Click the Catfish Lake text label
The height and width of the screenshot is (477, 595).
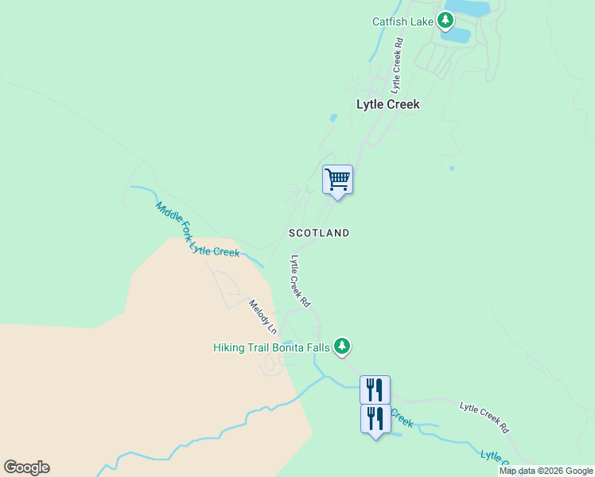coord(402,21)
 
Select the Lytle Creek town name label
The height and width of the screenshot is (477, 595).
coord(387,104)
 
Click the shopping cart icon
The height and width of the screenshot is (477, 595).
coord(337,179)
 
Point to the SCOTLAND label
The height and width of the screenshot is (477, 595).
coord(318,233)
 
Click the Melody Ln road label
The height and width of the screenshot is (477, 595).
coord(262,316)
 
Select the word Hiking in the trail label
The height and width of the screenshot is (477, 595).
coord(231,347)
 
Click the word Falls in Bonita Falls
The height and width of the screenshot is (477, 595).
coord(316,347)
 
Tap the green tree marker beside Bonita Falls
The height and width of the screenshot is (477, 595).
coord(342,346)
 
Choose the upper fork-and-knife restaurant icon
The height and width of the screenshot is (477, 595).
coord(375,390)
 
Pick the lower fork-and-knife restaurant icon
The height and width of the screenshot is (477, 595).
coord(375,418)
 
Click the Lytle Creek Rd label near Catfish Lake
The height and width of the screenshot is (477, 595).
coord(396,65)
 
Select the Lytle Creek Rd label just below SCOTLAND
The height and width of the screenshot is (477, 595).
coord(300,281)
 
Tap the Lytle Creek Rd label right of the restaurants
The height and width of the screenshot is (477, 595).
coord(484,417)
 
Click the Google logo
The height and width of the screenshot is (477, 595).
coord(26,467)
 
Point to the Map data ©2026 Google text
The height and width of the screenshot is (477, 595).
coord(546,471)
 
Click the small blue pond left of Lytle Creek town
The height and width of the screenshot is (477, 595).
coord(332,118)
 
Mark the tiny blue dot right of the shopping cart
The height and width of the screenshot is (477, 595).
coord(451,168)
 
